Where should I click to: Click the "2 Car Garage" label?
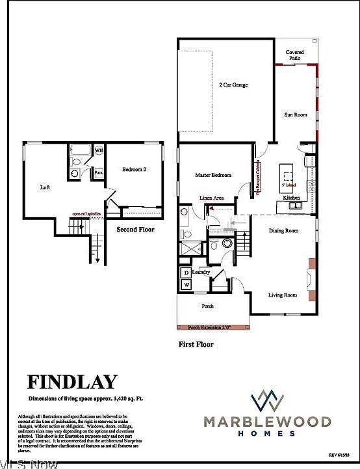click(233, 85)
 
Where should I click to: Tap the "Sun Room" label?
click(295, 114)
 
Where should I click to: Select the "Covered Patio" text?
click(295, 55)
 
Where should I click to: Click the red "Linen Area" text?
click(212, 196)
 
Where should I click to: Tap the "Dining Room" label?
click(283, 230)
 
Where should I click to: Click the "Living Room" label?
click(283, 295)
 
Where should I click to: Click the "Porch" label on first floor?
click(207, 306)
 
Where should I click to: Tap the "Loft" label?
click(45, 187)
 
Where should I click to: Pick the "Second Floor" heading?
click(135, 230)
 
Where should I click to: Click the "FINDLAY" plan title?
click(71, 382)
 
